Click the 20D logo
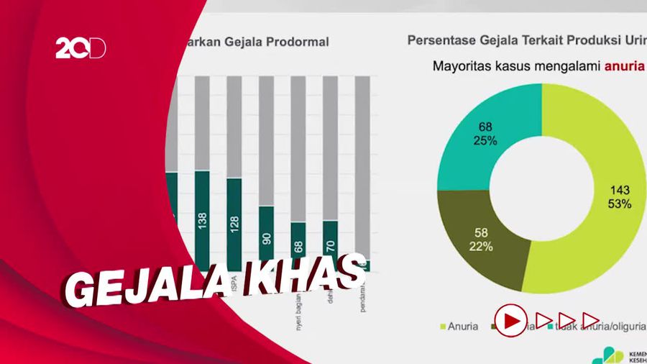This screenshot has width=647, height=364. (81, 47)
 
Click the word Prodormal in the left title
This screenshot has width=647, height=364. (297, 42)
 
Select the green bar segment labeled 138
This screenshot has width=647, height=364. (202, 219)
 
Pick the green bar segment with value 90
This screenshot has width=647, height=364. (266, 237)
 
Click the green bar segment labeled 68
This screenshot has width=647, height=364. (298, 245)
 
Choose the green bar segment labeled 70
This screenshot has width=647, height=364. (330, 243)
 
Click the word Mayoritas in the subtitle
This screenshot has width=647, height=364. (460, 67)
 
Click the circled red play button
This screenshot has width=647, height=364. (510, 319)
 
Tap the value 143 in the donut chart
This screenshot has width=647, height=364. (620, 190)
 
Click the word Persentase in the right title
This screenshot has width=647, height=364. (439, 40)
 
